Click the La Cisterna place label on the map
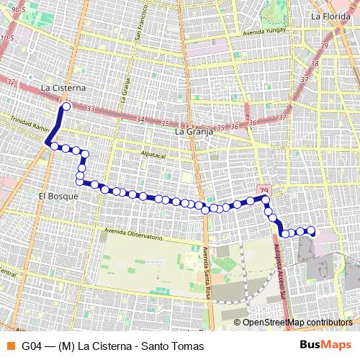(63, 88)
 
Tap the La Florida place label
(330, 16)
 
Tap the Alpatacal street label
(153, 155)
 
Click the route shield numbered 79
(261, 188)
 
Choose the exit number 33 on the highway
(91, 108)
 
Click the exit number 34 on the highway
(140, 120)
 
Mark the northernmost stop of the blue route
(66, 107)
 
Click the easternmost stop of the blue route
(312, 230)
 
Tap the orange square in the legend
(9, 346)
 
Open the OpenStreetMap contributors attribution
(297, 323)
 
